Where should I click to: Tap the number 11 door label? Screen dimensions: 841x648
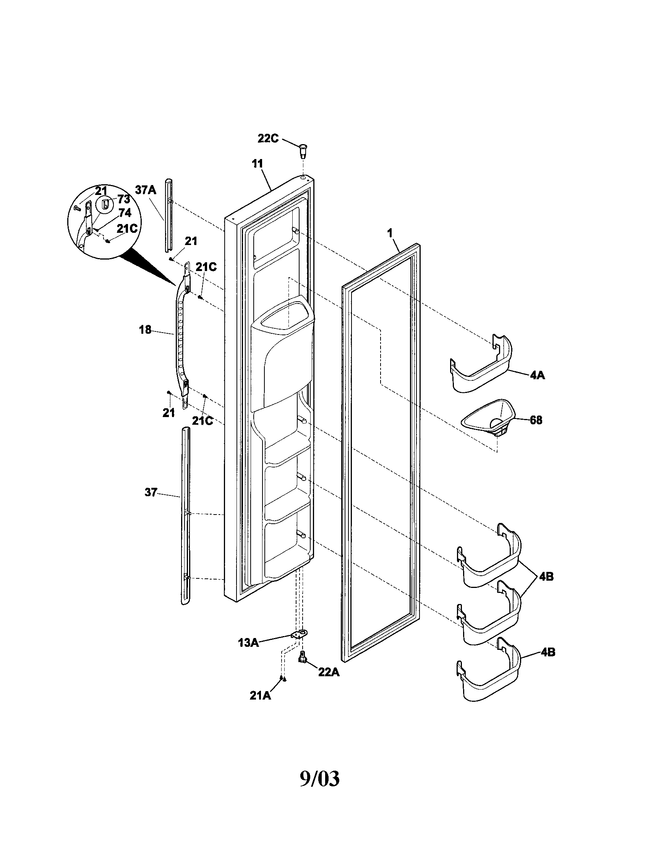tap(257, 164)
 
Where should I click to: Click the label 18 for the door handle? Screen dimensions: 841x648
tap(145, 330)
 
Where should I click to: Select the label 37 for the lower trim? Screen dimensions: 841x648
tap(151, 492)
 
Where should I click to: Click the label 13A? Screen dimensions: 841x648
tap(248, 643)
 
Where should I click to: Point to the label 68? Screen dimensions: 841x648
tap(536, 420)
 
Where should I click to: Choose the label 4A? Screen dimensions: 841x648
tap(537, 375)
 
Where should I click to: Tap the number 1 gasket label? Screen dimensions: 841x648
tap(390, 232)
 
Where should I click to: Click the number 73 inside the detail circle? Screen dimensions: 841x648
tap(124, 200)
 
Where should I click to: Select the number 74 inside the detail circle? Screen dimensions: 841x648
tap(125, 213)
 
